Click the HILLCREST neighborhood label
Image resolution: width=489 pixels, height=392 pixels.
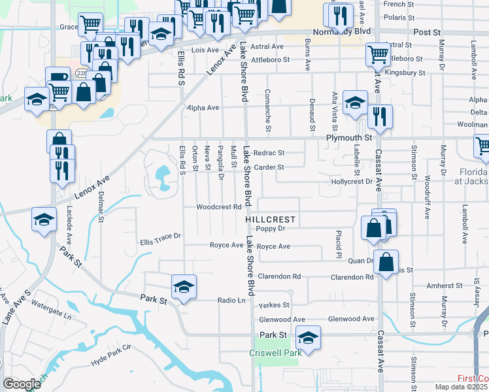(271, 220)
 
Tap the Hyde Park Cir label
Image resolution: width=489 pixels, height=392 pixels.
(112, 360)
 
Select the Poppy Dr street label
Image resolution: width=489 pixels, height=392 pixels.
(271, 229)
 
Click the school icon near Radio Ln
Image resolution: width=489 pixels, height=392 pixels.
(184, 286)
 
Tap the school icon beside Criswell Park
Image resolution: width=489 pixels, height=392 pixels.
(308, 337)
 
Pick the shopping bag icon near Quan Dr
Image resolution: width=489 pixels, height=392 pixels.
(386, 262)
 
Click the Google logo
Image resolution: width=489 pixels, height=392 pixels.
(22, 384)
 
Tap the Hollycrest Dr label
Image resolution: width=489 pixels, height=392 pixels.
(352, 182)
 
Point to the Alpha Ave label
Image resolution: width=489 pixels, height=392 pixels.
(203, 108)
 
